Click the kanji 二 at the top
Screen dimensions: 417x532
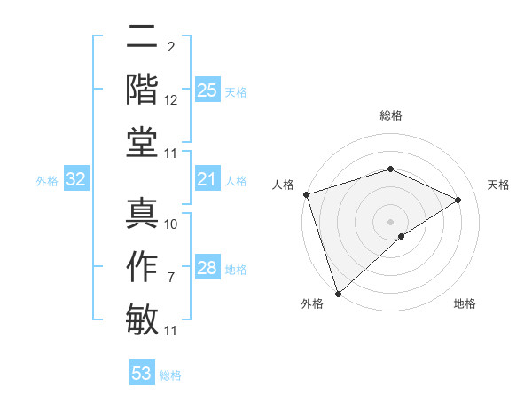[143, 37]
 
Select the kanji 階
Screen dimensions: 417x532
[143, 89]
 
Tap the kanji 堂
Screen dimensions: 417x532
[143, 142]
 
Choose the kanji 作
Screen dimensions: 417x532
[143, 266]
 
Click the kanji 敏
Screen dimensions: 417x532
[143, 319]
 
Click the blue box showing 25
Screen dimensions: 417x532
[207, 90]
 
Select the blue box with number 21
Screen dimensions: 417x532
[207, 180]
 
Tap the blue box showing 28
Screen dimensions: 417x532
[207, 268]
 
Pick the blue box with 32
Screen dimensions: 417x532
[76, 180]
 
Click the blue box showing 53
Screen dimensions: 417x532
[142, 374]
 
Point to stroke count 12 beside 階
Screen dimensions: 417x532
[171, 100]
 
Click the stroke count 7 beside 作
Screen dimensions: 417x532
[172, 278]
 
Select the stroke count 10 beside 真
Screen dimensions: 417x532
[171, 224]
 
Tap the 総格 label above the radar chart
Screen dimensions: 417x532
[390, 115]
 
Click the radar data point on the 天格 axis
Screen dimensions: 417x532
[458, 200]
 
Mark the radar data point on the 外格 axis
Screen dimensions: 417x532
[338, 293]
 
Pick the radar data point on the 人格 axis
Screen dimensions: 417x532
[306, 194]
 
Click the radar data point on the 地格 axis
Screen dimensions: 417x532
[402, 236]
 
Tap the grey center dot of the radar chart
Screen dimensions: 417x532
[390, 221]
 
